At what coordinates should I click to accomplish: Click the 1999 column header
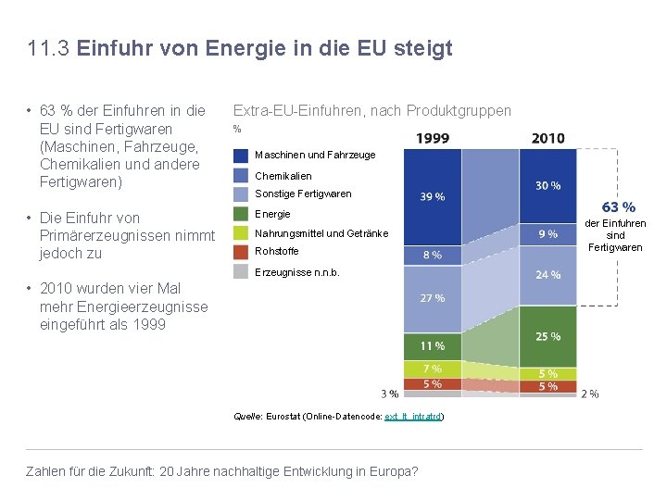click(432, 138)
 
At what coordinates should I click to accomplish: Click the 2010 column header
click(547, 138)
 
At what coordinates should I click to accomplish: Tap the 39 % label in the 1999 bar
click(433, 196)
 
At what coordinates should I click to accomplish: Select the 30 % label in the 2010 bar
click(547, 185)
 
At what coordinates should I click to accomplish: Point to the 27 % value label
click(433, 298)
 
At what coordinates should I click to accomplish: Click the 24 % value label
click(547, 274)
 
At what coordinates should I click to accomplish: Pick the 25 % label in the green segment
click(547, 336)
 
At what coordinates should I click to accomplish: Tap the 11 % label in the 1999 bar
click(433, 346)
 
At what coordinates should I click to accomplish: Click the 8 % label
click(433, 255)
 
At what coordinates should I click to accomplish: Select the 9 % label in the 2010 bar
click(547, 234)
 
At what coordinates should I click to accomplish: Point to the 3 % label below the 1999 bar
click(390, 394)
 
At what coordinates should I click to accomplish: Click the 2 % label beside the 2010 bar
click(589, 394)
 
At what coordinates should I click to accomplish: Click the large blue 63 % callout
click(618, 207)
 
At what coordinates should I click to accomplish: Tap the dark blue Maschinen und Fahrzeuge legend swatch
click(241, 156)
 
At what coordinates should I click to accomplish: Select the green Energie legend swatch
click(241, 214)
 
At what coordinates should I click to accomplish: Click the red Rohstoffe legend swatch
click(241, 252)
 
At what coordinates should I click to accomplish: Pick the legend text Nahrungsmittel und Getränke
click(321, 233)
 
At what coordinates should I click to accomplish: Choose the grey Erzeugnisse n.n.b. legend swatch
click(241, 271)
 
